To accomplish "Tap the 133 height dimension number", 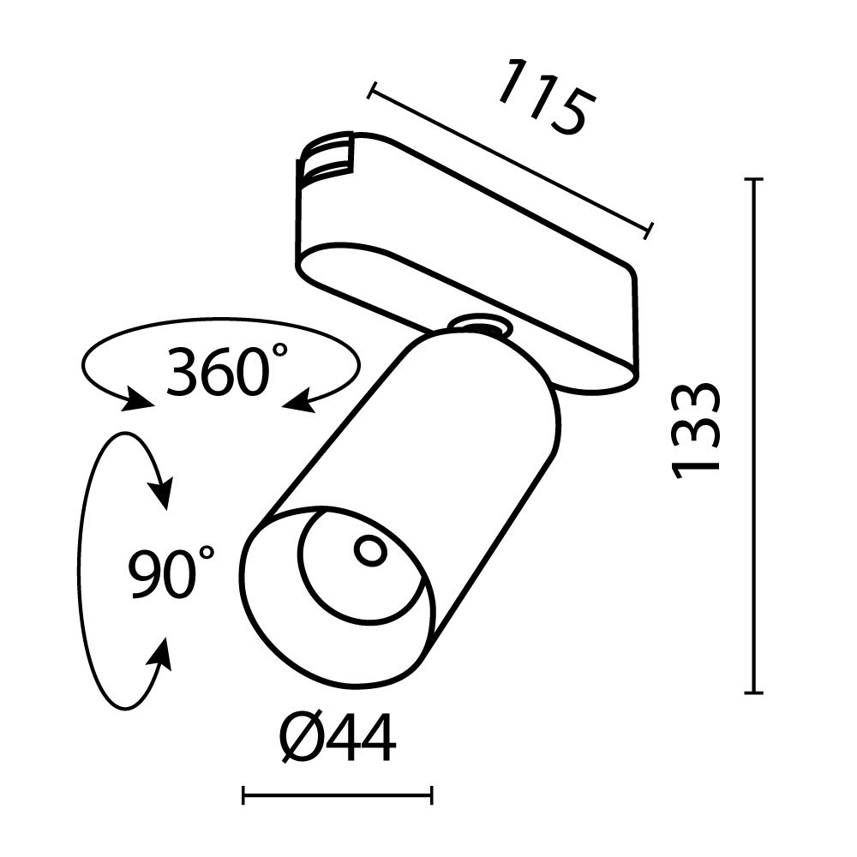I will point(695,430).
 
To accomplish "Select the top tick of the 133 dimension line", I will point(754,180).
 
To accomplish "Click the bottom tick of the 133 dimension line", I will point(754,692).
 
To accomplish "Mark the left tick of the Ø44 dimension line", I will point(244,797).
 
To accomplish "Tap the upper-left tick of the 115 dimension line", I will point(372,91).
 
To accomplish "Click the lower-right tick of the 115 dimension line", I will point(649,230).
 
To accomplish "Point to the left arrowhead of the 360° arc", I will point(137,399).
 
